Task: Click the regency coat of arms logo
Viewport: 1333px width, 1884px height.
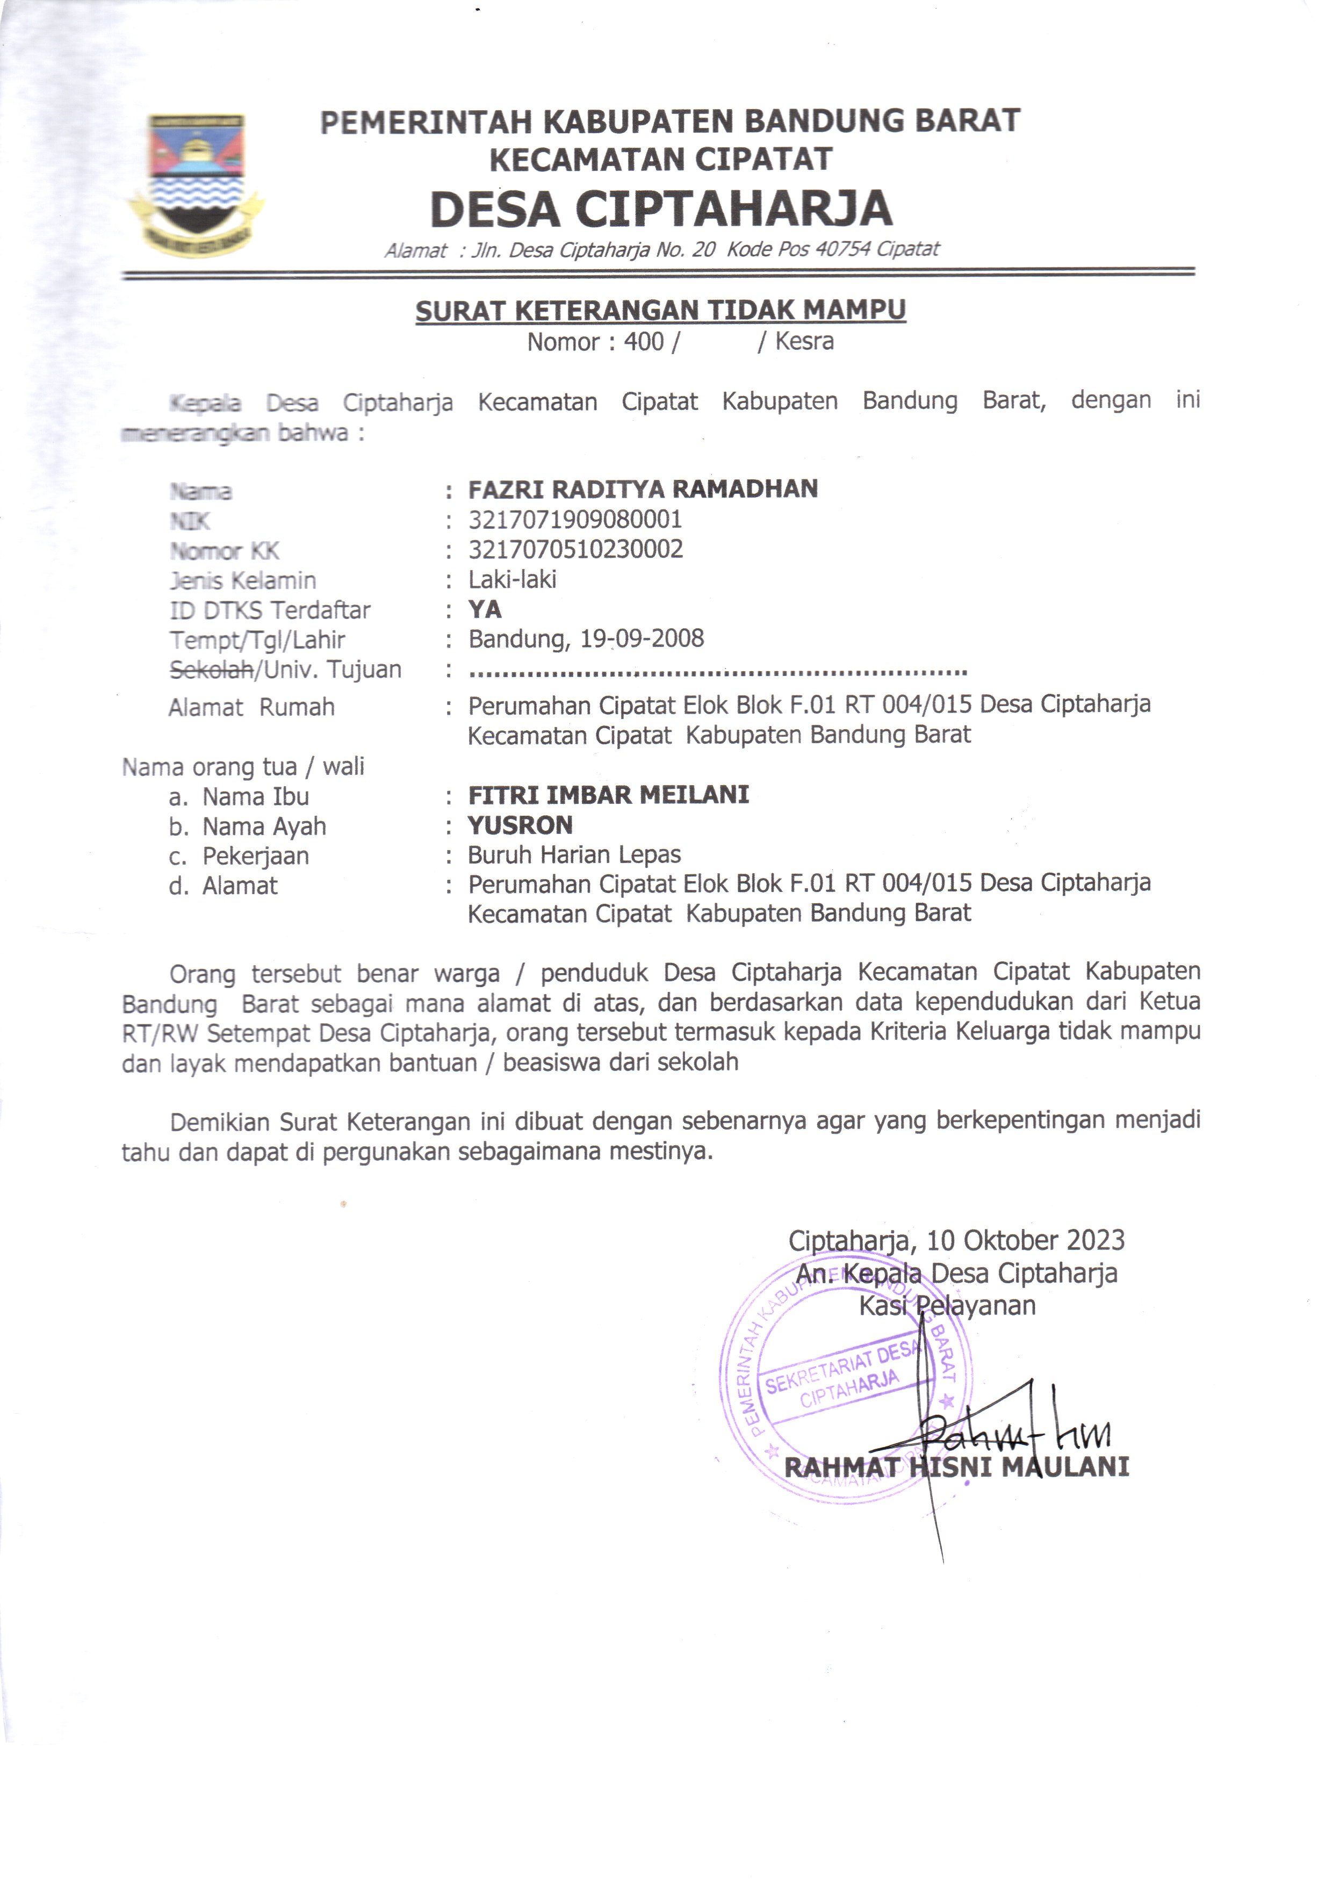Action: tap(196, 182)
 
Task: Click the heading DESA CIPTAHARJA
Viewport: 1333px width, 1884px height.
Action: tap(661, 208)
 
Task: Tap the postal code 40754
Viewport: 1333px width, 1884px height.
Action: tap(841, 249)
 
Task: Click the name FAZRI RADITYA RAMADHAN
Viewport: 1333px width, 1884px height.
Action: tap(643, 489)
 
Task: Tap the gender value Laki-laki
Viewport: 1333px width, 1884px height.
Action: tap(512, 580)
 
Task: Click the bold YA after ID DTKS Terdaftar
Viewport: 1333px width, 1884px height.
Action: tap(484, 609)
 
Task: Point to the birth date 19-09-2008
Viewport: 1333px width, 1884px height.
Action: tap(642, 639)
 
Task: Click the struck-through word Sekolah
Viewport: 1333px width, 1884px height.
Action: tap(210, 670)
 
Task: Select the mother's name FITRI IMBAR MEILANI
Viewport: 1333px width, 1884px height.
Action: tap(608, 795)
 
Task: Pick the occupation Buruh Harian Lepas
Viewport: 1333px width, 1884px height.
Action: tap(574, 854)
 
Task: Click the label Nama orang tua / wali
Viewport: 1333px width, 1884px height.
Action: tap(243, 767)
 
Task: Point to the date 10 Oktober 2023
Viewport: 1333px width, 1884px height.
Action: tap(1025, 1240)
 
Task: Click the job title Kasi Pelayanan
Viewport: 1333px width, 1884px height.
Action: tap(947, 1305)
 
